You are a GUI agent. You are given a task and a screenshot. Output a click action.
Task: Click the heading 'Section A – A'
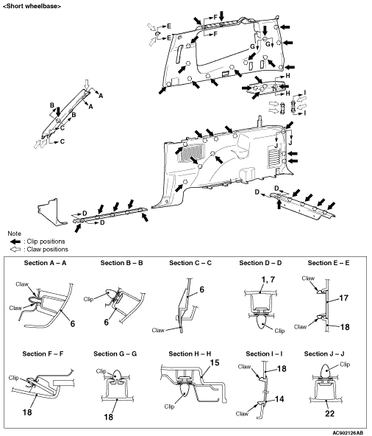[x=45, y=263]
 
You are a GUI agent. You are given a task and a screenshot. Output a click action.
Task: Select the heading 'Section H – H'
[x=190, y=354]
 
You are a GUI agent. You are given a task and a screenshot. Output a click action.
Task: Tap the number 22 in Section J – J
[x=329, y=413]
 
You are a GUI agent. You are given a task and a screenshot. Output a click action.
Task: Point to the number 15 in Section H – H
[x=215, y=362]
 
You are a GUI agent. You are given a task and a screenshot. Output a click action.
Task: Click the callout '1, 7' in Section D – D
[x=268, y=279]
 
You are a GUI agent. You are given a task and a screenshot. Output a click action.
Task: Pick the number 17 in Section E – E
[x=343, y=298]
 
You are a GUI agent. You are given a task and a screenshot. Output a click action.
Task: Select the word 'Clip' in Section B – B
[x=88, y=299]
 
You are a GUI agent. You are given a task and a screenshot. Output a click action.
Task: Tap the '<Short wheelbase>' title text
[x=32, y=6]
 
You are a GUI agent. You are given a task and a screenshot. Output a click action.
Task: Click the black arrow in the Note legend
[x=15, y=242]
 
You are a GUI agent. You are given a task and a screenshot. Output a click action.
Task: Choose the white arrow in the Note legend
[x=15, y=249]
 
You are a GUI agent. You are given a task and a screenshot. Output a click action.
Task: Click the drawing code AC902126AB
[x=348, y=432]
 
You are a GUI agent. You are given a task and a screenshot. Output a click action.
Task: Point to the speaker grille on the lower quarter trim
[x=192, y=152]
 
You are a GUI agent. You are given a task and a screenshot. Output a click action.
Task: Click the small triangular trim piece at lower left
[x=51, y=211]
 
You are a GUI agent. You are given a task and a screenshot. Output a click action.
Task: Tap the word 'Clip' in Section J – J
[x=345, y=365]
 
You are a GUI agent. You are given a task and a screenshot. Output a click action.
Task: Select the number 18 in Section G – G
[x=109, y=417]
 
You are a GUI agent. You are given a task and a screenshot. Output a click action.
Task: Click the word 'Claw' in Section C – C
[x=158, y=330]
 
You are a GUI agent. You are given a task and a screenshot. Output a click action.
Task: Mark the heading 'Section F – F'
[x=43, y=354]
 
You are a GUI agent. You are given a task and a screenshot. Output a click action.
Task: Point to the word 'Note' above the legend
[x=14, y=233]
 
